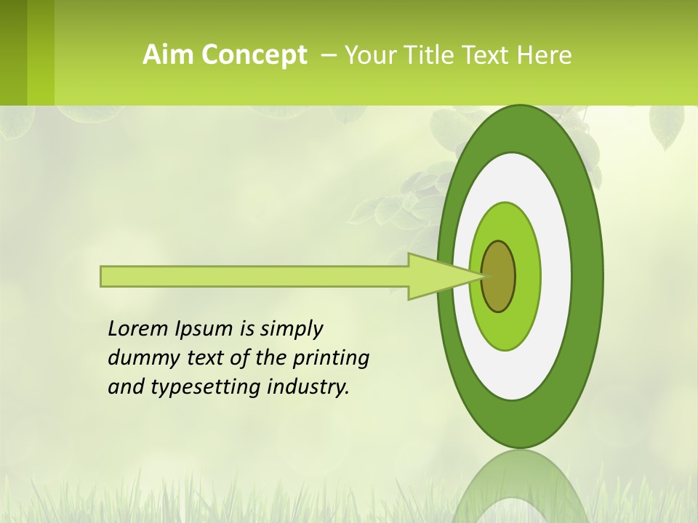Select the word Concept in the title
point(254,55)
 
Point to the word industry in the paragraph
point(308,386)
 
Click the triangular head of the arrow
point(436,276)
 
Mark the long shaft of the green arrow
point(254,276)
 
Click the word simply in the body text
point(291,329)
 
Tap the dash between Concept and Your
point(328,54)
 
